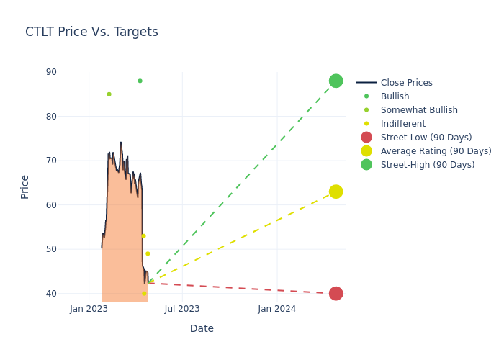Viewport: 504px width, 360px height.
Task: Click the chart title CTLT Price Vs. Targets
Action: pyautogui.click(x=91, y=32)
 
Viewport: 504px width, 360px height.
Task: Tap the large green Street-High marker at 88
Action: pyautogui.click(x=336, y=81)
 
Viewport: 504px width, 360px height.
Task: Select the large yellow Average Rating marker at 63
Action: pyautogui.click(x=336, y=192)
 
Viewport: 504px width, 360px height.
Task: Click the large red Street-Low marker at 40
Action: pyautogui.click(x=336, y=293)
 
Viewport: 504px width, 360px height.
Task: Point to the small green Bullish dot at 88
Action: pyautogui.click(x=140, y=81)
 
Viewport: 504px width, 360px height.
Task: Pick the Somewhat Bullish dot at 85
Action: pyautogui.click(x=109, y=94)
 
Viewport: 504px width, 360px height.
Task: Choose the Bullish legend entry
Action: pyautogui.click(x=395, y=96)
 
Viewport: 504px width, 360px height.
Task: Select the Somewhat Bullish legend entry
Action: pyautogui.click(x=419, y=110)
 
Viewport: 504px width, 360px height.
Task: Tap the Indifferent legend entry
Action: pyautogui.click(x=402, y=124)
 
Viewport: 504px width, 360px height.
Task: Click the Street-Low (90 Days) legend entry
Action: pyautogui.click(x=426, y=138)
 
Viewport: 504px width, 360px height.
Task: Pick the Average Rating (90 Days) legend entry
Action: pyautogui.click(x=436, y=151)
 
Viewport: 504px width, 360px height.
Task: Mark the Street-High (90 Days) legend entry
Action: pyautogui.click(x=427, y=165)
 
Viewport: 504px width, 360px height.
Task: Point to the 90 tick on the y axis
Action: pyautogui.click(x=51, y=72)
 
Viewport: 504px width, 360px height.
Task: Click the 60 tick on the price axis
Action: pyautogui.click(x=51, y=205)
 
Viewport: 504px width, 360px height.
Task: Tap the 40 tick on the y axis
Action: pyautogui.click(x=51, y=294)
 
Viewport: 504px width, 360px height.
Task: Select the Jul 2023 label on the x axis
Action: pyautogui.click(x=182, y=310)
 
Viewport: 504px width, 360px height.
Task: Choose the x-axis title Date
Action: pyautogui.click(x=202, y=328)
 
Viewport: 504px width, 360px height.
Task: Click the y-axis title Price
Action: pyautogui.click(x=25, y=186)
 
